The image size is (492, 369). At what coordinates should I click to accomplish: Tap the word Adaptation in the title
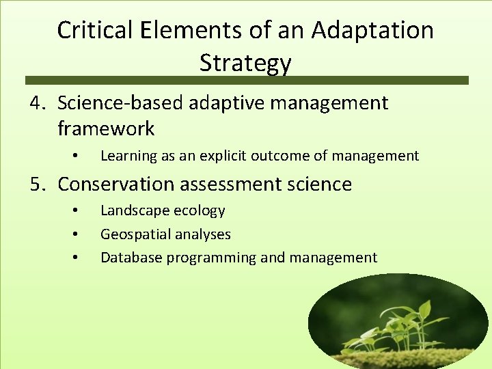tap(372, 30)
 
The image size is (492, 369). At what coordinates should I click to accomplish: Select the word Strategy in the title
tap(245, 63)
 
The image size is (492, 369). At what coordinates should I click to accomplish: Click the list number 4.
tap(37, 104)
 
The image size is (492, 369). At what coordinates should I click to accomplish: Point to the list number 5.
tap(37, 184)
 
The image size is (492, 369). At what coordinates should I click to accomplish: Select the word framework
tap(106, 128)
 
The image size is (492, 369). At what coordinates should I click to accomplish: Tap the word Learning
tap(128, 156)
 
